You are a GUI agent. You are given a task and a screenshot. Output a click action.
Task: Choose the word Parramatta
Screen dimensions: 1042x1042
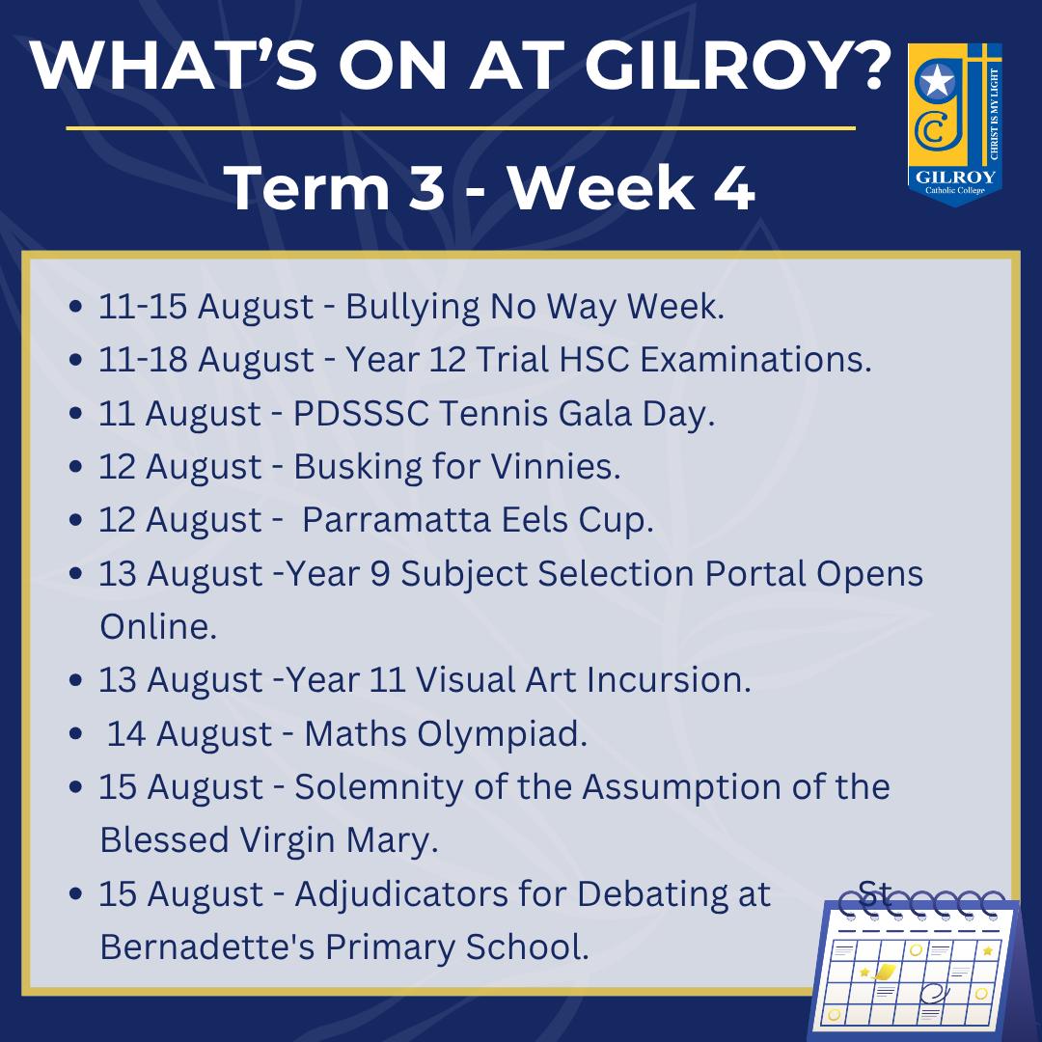[397, 520]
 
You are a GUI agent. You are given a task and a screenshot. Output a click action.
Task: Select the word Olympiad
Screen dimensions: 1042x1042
[502, 735]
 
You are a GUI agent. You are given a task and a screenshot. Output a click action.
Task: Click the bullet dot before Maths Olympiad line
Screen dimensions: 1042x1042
[76, 733]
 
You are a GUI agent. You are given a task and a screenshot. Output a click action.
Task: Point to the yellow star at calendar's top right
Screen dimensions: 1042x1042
[988, 951]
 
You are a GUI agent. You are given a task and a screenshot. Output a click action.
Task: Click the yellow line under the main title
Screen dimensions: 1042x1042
[460, 127]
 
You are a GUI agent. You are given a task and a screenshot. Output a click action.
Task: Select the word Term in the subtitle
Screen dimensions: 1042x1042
[307, 188]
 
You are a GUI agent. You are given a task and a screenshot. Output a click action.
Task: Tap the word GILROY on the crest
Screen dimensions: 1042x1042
[955, 178]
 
